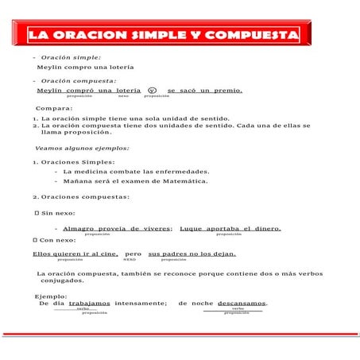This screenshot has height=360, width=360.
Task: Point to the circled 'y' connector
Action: (x=153, y=91)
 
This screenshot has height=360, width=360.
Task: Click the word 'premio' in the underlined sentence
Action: (x=226, y=91)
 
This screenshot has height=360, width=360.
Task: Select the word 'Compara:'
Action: (x=54, y=107)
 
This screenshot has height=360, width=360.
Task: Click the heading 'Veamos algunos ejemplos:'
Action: (x=82, y=148)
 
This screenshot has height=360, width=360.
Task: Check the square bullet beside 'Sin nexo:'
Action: (x=36, y=214)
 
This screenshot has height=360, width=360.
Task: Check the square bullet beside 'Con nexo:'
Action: (x=36, y=239)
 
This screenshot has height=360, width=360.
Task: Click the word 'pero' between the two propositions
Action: (x=133, y=254)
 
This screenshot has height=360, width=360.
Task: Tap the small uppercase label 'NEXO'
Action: (x=129, y=259)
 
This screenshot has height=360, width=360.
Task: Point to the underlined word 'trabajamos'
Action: (x=89, y=303)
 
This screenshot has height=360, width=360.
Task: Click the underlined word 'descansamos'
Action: (x=242, y=303)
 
